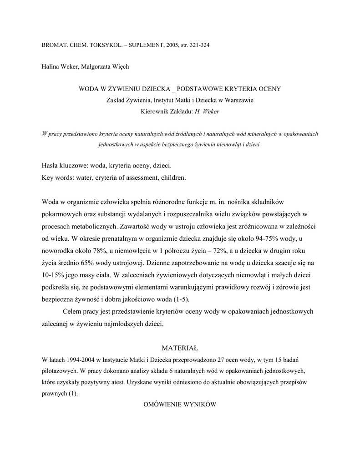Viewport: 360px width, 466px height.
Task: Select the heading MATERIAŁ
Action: (180, 349)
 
